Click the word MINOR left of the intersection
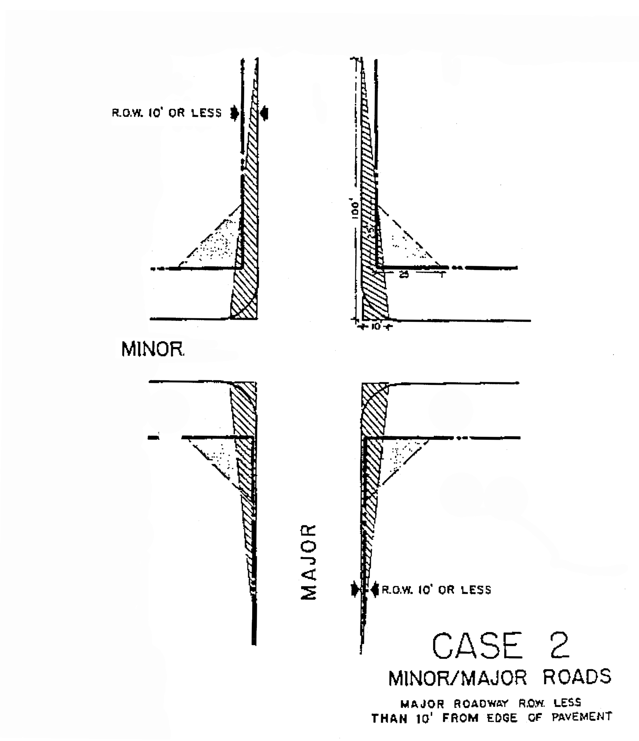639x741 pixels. tap(153, 349)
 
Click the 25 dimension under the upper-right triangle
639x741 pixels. tap(404, 275)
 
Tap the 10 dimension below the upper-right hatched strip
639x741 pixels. tap(375, 327)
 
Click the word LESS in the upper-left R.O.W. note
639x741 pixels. tap(207, 113)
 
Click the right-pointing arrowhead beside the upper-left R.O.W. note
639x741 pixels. tap(235, 113)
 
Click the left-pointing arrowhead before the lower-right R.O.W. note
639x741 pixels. tap(374, 589)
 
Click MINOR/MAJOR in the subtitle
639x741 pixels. tap(458, 678)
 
